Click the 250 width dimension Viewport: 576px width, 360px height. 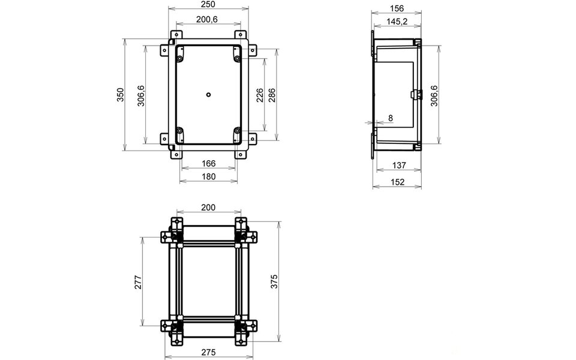click(208, 5)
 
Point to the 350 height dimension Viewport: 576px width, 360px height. click(120, 95)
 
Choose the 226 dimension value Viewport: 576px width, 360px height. click(259, 95)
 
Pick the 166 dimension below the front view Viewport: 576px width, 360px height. click(208, 163)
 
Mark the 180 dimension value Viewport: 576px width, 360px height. click(208, 176)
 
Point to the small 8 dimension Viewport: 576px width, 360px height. click(390, 119)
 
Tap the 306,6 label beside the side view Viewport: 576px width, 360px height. click(434, 95)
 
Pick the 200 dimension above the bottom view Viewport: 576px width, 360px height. click(208, 208)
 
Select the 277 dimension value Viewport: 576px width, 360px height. click(137, 282)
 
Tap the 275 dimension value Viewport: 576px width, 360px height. click(208, 353)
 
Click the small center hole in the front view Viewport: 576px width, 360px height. click(208, 94)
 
